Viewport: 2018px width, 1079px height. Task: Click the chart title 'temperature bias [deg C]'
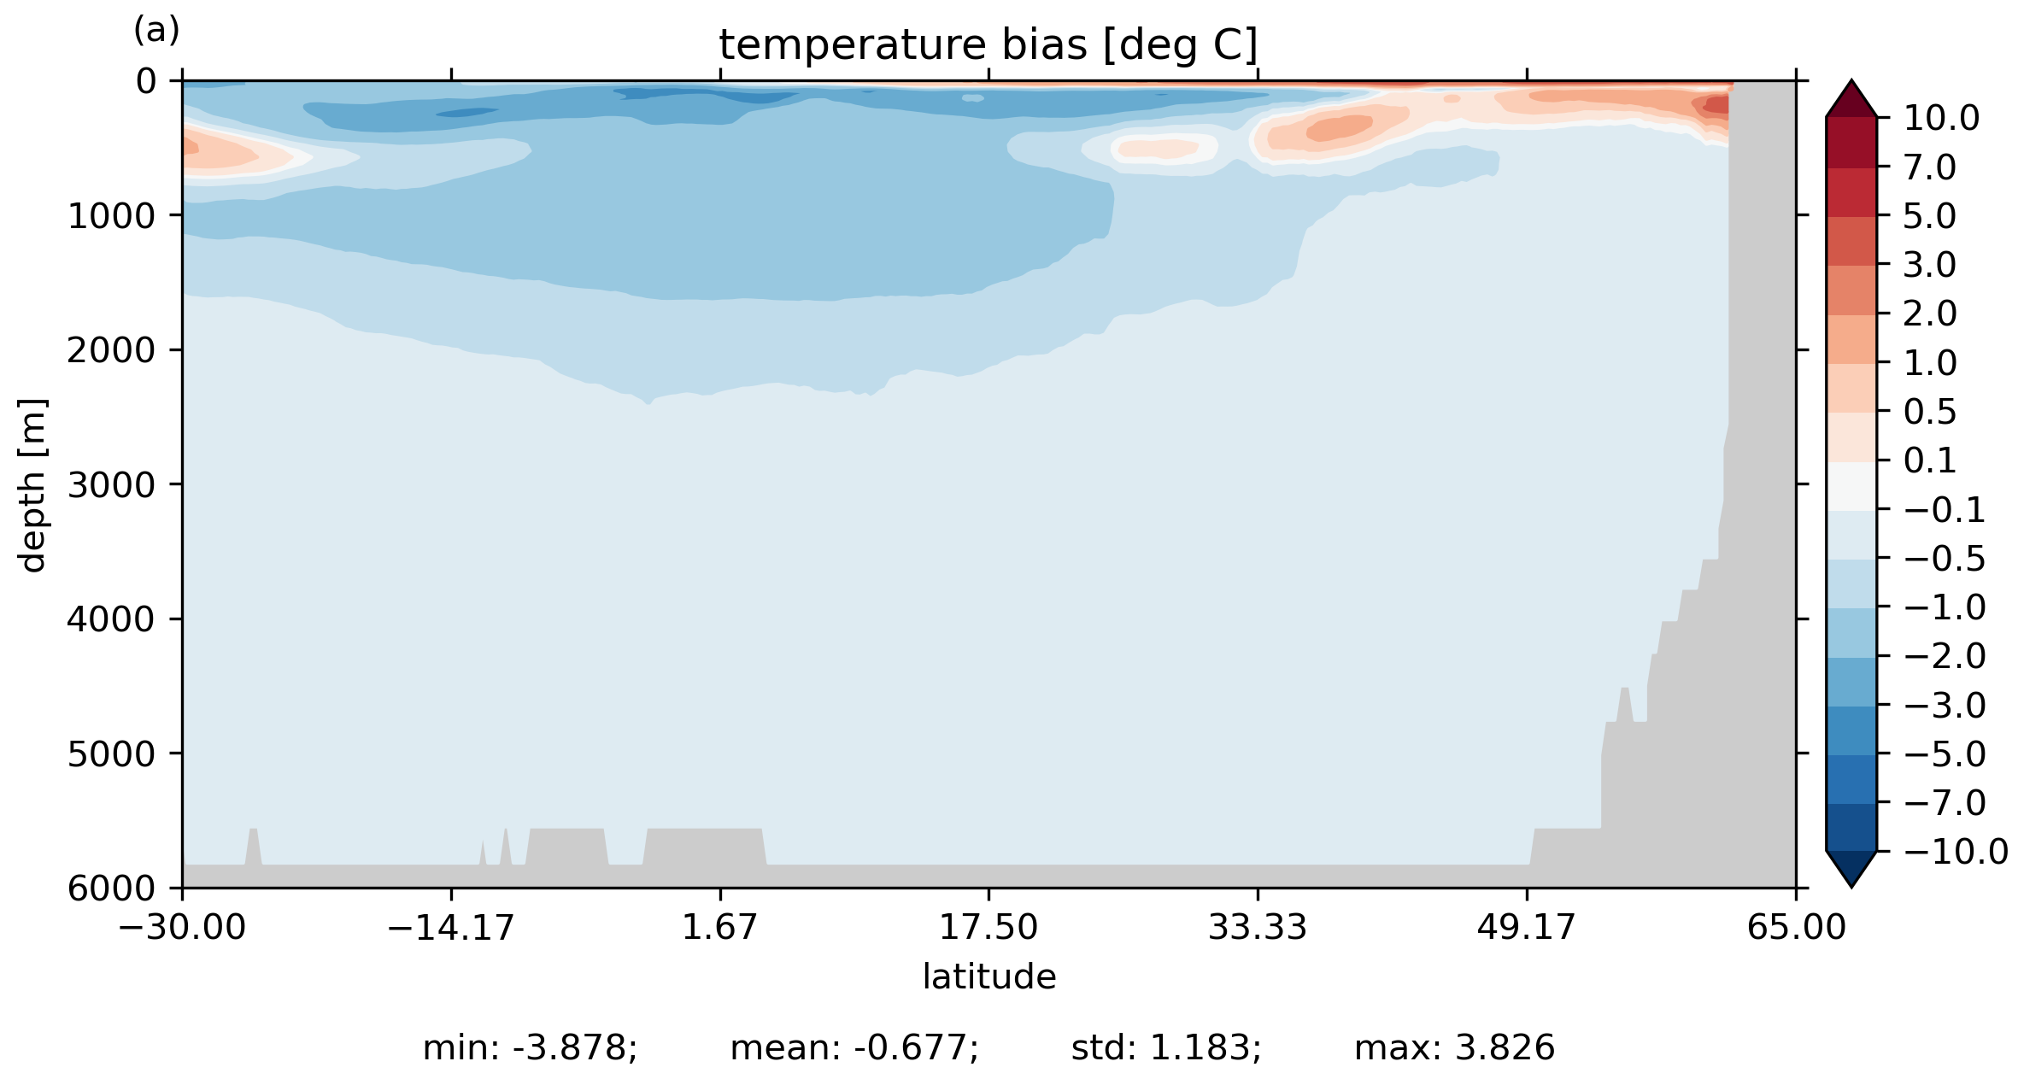988,45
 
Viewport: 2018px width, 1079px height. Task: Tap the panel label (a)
156,31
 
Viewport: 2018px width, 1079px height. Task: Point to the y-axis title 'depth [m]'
32,484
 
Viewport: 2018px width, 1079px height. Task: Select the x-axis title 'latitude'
988,976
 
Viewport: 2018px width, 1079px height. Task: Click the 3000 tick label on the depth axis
112,485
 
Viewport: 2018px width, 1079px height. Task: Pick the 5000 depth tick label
112,754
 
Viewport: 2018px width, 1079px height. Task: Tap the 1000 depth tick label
112,216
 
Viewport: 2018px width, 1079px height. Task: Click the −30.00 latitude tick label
182,927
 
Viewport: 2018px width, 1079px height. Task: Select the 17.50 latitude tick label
988,927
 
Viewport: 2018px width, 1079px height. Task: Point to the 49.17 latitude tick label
1526,927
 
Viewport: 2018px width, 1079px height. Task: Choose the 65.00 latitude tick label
1796,927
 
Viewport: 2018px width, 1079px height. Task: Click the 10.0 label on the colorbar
1941,119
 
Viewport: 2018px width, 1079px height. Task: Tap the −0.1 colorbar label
1945,511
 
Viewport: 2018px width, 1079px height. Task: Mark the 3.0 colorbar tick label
1929,266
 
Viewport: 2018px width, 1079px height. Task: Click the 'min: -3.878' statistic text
530,1048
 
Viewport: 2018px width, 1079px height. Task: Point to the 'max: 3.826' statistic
1454,1048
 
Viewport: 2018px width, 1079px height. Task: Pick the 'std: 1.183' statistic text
1166,1048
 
